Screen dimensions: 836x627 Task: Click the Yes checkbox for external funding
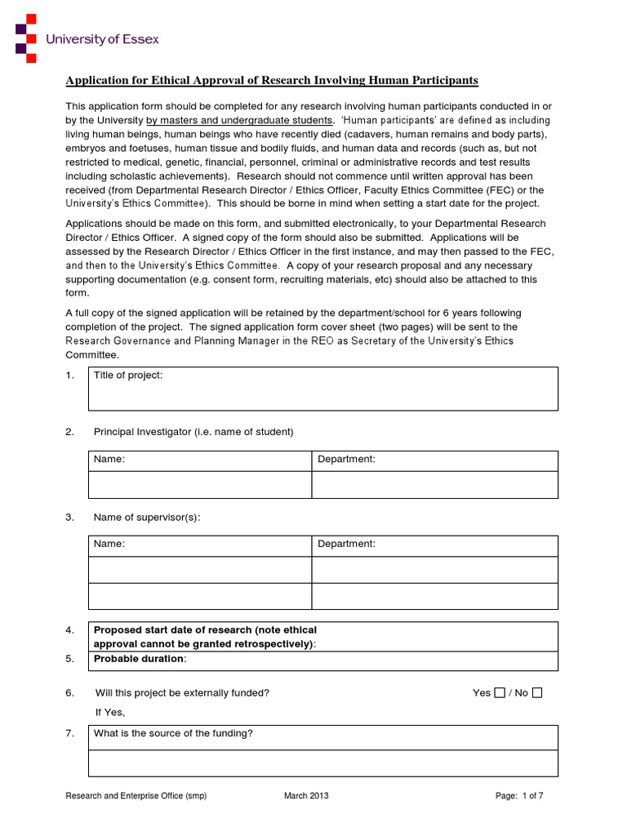pyautogui.click(x=500, y=693)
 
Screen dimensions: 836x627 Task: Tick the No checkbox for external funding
pyautogui.click(x=536, y=693)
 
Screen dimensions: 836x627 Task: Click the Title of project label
pyautogui.click(x=128, y=375)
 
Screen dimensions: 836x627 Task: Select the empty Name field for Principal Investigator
pyautogui.click(x=199, y=485)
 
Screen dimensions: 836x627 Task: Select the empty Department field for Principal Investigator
pyautogui.click(x=434, y=485)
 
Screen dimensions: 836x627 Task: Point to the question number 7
pyautogui.click(x=69, y=733)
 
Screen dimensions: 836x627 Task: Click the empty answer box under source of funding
pyautogui.click(x=322, y=763)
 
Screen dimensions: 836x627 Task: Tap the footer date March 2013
pyautogui.click(x=307, y=796)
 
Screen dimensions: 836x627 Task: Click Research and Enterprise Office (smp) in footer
pyautogui.click(x=136, y=796)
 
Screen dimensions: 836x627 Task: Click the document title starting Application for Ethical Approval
pyautogui.click(x=272, y=80)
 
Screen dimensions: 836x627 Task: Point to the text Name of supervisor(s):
pyautogui.click(x=146, y=518)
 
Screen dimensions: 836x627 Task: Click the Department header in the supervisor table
pyautogui.click(x=346, y=545)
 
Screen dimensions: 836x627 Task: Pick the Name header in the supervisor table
pyautogui.click(x=109, y=545)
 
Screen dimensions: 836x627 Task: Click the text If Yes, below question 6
pyautogui.click(x=110, y=712)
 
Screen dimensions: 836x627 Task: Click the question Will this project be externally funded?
pyautogui.click(x=182, y=693)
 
